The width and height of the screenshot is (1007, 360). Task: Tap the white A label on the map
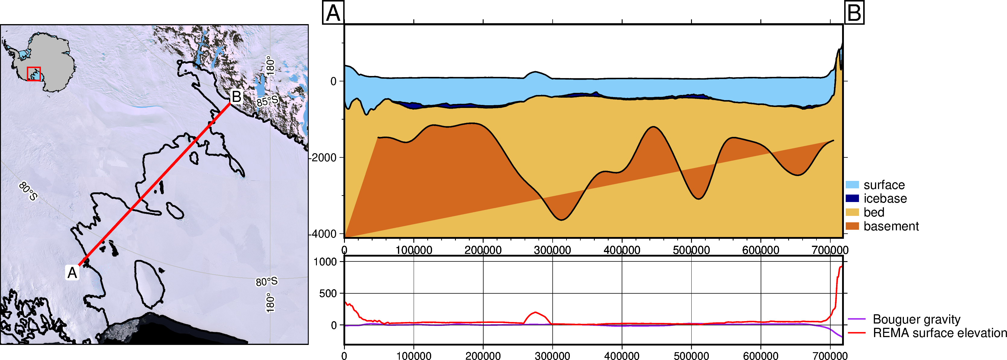click(72, 273)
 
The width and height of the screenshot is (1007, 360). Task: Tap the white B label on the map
click(236, 96)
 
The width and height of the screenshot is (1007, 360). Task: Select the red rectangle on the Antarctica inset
click(34, 74)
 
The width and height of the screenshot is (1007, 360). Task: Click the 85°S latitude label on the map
click(267, 101)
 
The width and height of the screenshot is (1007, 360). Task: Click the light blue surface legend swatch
click(852, 185)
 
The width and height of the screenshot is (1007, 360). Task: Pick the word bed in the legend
click(874, 212)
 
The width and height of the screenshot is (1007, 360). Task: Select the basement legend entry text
click(891, 226)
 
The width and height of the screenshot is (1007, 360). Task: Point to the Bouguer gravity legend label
click(917, 319)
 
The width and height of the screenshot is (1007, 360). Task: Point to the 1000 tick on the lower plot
click(325, 261)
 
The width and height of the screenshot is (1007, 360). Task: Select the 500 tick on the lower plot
click(328, 293)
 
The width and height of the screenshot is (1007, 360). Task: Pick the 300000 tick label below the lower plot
click(552, 355)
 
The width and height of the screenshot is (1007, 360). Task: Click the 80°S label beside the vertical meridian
click(267, 281)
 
